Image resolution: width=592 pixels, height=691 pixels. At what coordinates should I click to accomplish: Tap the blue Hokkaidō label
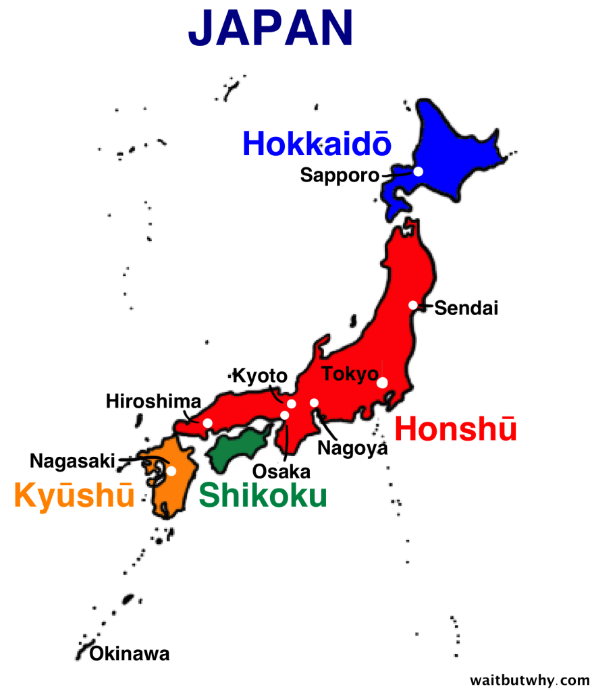[x=316, y=144]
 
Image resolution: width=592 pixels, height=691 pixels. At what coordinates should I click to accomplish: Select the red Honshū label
[x=456, y=429]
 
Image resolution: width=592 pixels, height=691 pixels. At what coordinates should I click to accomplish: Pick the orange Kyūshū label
[x=74, y=496]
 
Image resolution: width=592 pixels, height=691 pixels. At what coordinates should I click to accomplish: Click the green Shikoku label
[x=263, y=495]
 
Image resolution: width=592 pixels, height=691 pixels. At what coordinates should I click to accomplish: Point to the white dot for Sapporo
[x=418, y=171]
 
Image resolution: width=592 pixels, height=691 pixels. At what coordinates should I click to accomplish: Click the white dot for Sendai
[x=413, y=305]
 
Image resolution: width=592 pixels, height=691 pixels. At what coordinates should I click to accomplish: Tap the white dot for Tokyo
[x=382, y=383]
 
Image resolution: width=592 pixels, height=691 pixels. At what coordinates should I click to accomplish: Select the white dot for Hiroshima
[x=207, y=423]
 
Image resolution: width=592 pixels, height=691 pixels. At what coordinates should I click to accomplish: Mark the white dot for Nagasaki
[x=171, y=471]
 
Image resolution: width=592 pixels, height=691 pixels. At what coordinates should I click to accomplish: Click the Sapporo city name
[x=340, y=175]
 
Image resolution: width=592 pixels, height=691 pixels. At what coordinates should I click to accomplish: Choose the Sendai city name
[x=466, y=308]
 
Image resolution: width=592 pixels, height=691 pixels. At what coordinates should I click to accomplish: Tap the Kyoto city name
[x=260, y=376]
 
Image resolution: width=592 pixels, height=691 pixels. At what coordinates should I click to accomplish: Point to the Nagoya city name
[x=352, y=447]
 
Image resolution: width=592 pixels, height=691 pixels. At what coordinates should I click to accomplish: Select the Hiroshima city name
[x=153, y=402]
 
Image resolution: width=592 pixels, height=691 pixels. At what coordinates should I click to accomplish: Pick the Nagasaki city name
[x=72, y=461]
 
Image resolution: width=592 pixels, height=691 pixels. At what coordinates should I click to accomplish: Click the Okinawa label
[x=130, y=653]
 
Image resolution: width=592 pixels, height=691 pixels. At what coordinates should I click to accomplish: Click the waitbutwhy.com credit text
[x=529, y=678]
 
